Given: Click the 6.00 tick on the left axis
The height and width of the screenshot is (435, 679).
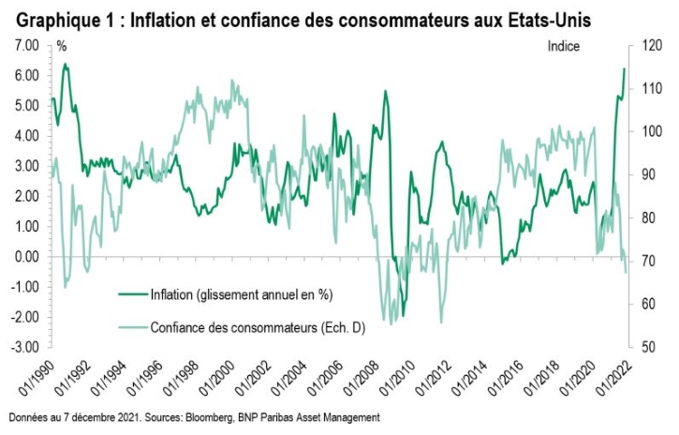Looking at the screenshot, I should (x=25, y=75).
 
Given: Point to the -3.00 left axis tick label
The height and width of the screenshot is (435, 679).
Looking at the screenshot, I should (x=25, y=347).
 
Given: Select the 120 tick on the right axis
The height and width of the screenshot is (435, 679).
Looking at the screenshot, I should (x=649, y=45).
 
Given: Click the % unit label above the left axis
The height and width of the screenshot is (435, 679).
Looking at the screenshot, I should (x=62, y=45).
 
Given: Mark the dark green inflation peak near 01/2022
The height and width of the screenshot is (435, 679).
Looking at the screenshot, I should (x=625, y=68).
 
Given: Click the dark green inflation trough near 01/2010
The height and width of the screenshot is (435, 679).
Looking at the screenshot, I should (x=403, y=316).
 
